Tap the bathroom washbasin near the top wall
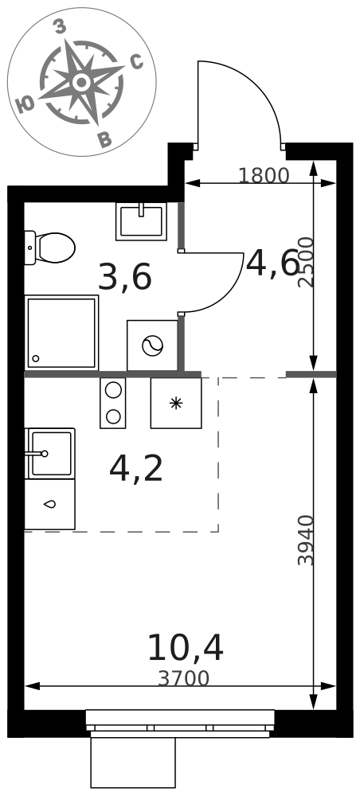141,221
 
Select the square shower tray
61,333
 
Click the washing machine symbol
152,345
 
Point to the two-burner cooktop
113,403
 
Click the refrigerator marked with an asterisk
176,403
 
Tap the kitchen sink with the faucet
49,454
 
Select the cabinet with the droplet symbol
49,504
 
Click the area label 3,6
125,278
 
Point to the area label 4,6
272,264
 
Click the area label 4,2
136,469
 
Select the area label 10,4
186,648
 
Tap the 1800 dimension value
264,176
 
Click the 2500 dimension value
306,263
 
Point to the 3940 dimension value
306,540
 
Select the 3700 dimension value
183,679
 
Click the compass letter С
136,62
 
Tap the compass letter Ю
25,104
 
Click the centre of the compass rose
80,81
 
